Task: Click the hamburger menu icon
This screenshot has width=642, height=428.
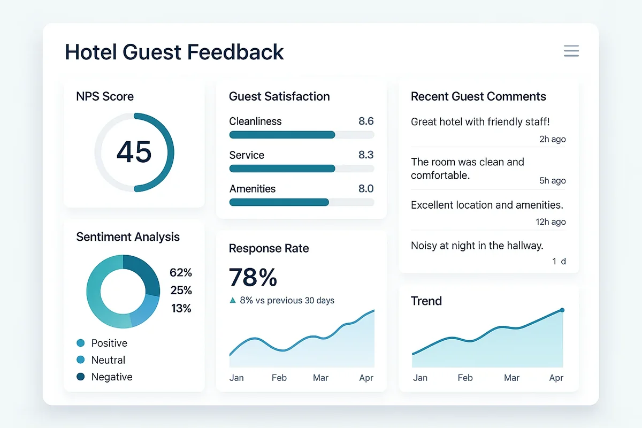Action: (x=571, y=51)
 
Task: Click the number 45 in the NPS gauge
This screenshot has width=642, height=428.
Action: (x=134, y=152)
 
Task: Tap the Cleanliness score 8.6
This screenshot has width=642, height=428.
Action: (x=366, y=121)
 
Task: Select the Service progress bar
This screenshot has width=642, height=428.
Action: (x=301, y=169)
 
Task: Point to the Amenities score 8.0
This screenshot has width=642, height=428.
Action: (x=366, y=189)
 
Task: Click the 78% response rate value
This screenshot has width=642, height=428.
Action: (x=253, y=278)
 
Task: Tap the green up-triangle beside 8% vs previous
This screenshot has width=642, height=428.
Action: (x=232, y=301)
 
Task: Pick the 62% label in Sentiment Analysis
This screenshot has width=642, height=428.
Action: (x=180, y=273)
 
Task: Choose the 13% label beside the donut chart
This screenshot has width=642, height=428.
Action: (x=181, y=308)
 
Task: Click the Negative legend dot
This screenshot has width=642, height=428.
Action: (x=81, y=377)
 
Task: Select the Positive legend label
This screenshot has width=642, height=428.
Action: (x=109, y=343)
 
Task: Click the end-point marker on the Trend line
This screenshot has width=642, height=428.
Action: (x=562, y=310)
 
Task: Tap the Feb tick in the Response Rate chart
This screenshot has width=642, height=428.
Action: (x=279, y=378)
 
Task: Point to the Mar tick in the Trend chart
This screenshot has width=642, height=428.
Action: (x=511, y=378)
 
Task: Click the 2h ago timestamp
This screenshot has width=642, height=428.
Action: (x=552, y=139)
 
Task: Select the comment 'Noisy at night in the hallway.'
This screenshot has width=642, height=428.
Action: (x=477, y=246)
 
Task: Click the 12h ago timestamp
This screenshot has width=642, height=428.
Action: (x=551, y=222)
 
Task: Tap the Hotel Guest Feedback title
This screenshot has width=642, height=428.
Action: (x=174, y=52)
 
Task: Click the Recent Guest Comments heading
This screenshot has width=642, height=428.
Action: (x=478, y=97)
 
